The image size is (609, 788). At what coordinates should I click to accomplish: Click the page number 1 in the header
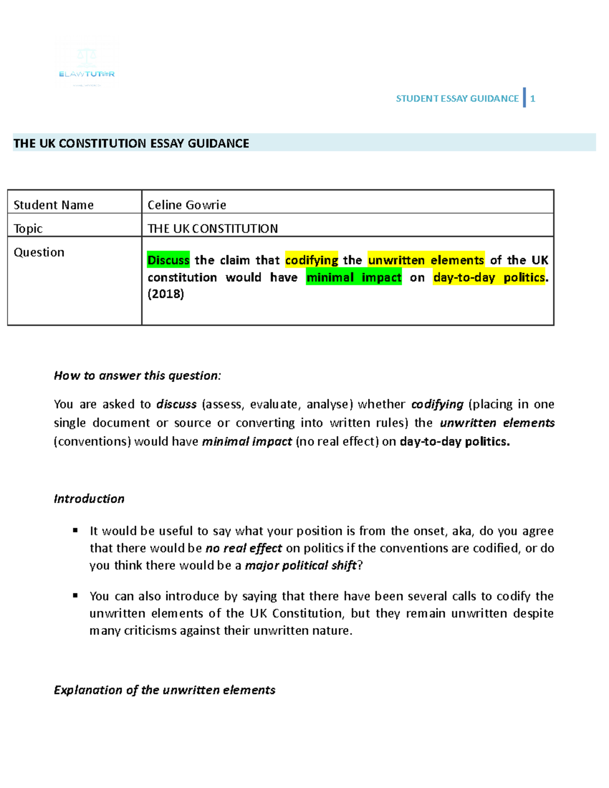(x=532, y=99)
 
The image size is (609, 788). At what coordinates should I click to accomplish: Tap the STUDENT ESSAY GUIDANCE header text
(x=457, y=99)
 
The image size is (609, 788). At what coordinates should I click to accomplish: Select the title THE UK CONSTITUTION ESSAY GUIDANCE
(x=131, y=144)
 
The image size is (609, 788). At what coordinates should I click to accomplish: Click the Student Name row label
(x=53, y=205)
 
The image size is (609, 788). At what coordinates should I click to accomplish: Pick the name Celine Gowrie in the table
(x=187, y=205)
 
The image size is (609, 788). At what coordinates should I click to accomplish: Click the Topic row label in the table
(x=28, y=228)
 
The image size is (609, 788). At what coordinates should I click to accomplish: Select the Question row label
(x=39, y=252)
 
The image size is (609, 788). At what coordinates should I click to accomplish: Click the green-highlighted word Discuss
(x=168, y=260)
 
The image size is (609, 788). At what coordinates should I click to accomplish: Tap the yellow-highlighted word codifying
(x=312, y=260)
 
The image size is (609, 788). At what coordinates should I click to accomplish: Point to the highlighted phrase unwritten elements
(x=426, y=260)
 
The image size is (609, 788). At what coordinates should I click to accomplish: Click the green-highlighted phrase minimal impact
(x=354, y=278)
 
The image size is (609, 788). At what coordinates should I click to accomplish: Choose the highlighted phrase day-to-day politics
(x=489, y=278)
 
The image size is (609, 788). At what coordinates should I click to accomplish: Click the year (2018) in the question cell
(x=165, y=294)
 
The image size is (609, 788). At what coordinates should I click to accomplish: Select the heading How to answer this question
(x=137, y=375)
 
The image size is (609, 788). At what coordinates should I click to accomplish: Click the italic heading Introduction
(x=89, y=499)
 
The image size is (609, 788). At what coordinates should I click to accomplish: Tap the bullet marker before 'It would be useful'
(x=75, y=531)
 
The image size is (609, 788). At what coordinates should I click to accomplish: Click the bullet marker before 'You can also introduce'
(x=75, y=596)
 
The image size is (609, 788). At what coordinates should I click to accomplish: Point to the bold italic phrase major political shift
(x=301, y=565)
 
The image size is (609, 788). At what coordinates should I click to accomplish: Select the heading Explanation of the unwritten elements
(x=164, y=690)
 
